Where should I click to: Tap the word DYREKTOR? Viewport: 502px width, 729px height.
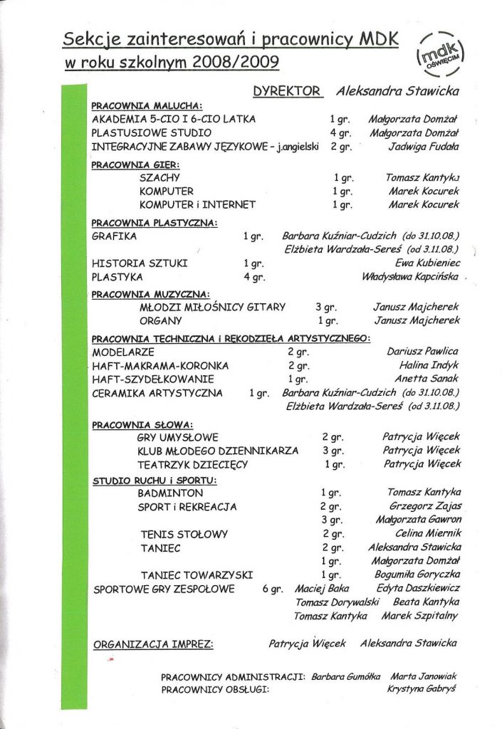click(x=288, y=91)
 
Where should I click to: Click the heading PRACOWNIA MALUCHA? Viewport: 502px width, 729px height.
click(x=147, y=105)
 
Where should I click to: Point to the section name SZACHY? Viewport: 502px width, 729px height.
click(x=160, y=177)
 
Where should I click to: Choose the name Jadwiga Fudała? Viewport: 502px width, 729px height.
click(x=424, y=147)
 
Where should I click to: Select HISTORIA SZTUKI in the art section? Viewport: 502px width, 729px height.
click(x=140, y=263)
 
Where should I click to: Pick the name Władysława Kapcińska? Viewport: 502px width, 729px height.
click(x=410, y=277)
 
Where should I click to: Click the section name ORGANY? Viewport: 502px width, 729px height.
click(x=161, y=321)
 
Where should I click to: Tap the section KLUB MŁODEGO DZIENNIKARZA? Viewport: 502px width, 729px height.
click(x=218, y=451)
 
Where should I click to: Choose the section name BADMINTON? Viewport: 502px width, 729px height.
click(x=170, y=493)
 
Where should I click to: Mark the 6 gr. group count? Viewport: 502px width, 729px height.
click(x=273, y=589)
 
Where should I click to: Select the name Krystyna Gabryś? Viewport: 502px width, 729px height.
click(x=422, y=689)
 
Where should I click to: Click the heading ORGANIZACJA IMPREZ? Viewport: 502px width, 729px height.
click(x=154, y=646)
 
